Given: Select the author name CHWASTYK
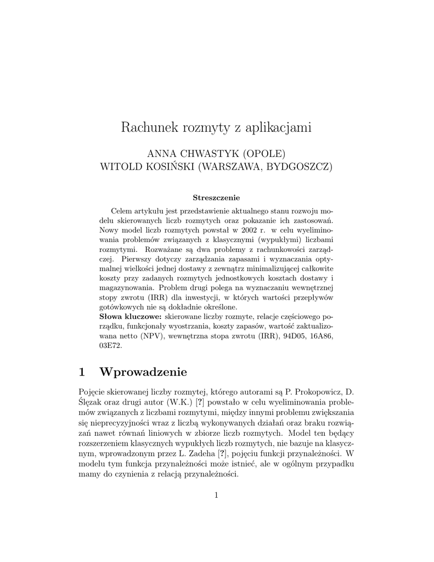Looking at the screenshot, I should click(x=205, y=153).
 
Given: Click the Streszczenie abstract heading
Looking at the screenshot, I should click(x=216, y=198).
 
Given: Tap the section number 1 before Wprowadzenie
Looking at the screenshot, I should click(x=82, y=372).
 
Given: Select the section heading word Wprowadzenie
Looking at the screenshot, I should click(x=143, y=372).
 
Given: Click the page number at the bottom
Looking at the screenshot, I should click(x=217, y=496).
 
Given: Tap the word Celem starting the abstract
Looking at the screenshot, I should click(x=121, y=211).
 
